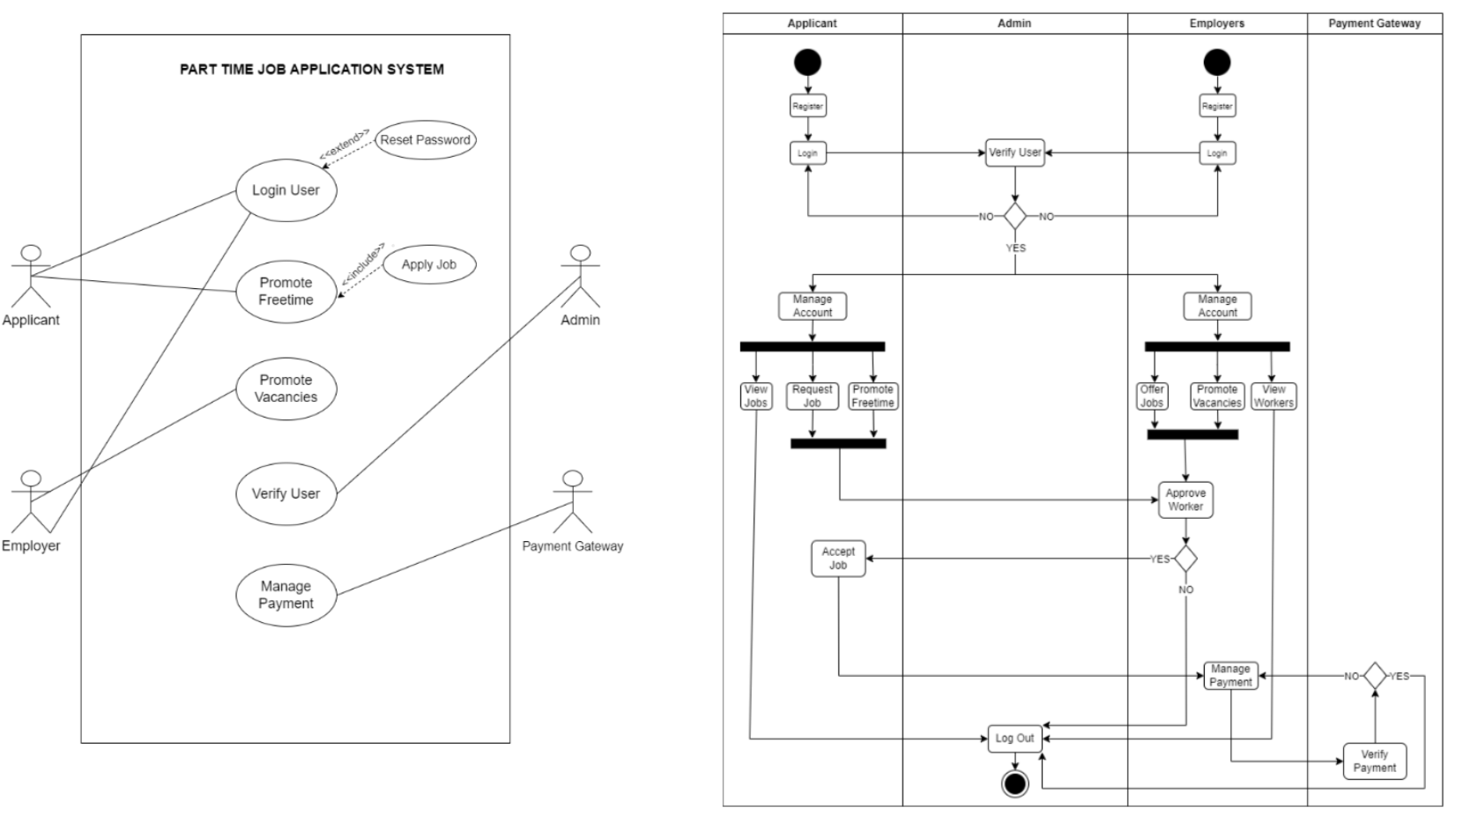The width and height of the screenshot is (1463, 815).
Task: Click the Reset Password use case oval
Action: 426,140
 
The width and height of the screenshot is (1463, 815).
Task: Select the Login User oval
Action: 286,190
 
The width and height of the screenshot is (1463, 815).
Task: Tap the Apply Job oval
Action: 429,264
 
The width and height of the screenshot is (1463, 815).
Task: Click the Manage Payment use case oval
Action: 286,595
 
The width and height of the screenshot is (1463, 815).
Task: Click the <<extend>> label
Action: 345,144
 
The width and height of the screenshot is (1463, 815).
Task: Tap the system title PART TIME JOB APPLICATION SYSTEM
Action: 312,70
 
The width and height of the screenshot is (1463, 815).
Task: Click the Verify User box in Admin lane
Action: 1014,152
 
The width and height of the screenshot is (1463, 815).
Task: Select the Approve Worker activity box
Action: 1185,500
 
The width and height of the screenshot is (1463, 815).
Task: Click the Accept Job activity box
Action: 838,559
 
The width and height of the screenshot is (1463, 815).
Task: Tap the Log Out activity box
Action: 1014,738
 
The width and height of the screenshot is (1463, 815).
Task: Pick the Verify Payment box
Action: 1374,760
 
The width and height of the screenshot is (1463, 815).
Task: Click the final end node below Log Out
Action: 1014,782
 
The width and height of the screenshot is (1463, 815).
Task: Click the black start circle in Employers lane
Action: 1217,63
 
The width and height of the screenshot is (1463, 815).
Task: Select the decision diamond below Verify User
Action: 1015,216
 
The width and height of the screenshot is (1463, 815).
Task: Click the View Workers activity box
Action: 1274,396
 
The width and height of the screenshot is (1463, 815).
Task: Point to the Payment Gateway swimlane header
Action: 1374,24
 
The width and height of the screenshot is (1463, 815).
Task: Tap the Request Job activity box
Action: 812,396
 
